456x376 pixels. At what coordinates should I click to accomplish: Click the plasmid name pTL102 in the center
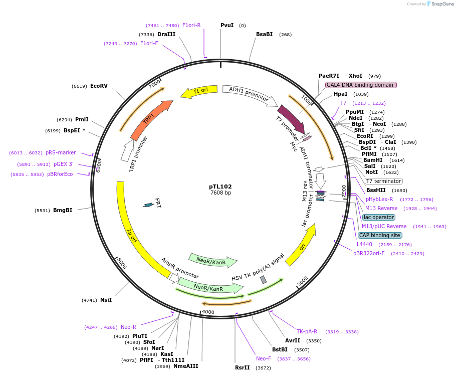pos(220,186)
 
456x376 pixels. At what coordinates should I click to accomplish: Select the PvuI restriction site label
pos(227,25)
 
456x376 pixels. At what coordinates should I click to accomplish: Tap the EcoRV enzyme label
pos(99,86)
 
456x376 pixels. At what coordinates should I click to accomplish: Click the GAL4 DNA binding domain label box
pos(361,85)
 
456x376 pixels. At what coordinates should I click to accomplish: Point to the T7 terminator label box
pos(383,181)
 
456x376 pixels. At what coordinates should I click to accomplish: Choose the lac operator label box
pos(378,217)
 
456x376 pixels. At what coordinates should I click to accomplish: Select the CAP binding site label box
pos(379,235)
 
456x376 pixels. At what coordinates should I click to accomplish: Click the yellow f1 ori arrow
pos(199,91)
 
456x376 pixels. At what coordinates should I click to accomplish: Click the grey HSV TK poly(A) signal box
pos(263,280)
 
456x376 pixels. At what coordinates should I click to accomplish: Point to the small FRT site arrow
pos(148,205)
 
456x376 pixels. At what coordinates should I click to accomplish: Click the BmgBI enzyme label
pos(63,210)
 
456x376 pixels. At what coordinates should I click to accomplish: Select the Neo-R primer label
pos(128,327)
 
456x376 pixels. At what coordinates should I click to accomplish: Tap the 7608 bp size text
pos(220,193)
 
